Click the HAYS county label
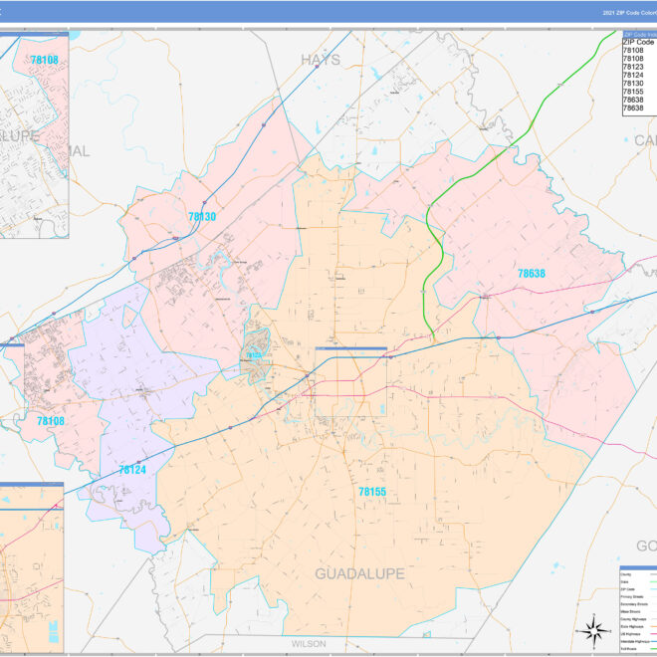point(321,60)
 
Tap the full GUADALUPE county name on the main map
point(359,574)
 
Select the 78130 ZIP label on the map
point(202,216)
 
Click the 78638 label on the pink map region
point(531,273)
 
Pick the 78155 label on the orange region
point(372,492)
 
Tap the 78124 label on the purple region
point(131,469)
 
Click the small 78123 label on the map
point(253,355)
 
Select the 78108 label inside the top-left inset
point(44,60)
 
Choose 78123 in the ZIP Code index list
point(633,67)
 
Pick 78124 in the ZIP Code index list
point(633,75)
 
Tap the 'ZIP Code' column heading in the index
point(638,42)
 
